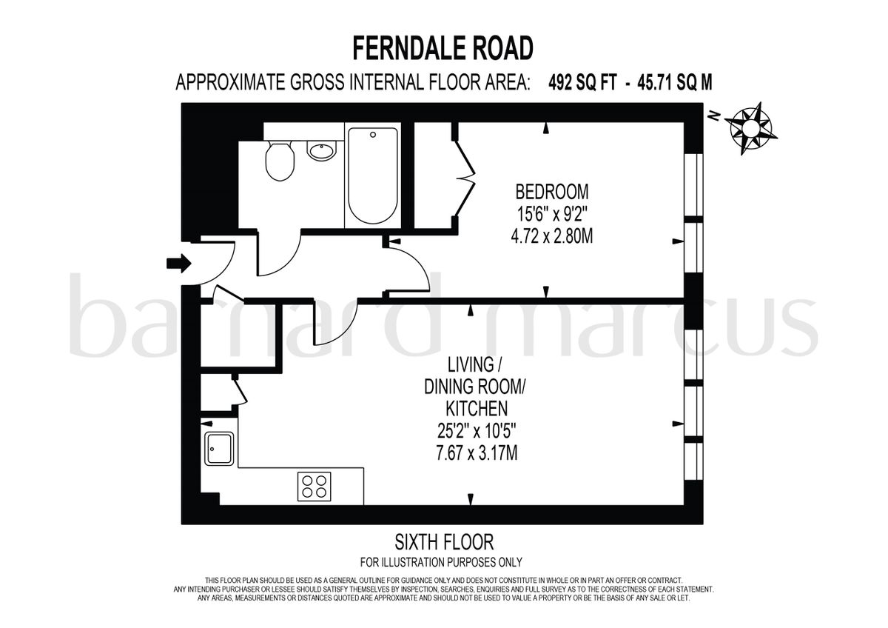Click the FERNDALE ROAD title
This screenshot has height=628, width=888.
coord(443,48)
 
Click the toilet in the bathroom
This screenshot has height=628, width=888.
coord(280,161)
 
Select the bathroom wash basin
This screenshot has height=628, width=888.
coord(321,151)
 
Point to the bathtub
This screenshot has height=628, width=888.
coord(372,176)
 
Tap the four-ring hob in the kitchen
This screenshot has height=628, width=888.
coord(314,486)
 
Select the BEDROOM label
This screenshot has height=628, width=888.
coord(552,192)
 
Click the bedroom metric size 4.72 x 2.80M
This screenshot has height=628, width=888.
coord(552,238)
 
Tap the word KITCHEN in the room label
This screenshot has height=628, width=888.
coord(476,408)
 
